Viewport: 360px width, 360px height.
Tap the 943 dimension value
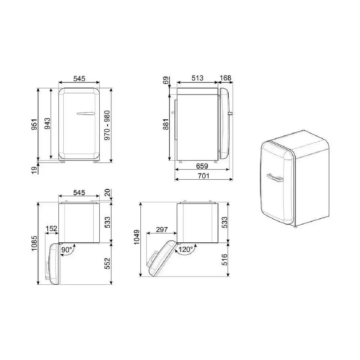click(x=47, y=124)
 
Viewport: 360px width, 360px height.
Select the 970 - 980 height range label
click(x=107, y=125)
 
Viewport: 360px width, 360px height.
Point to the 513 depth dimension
click(x=197, y=78)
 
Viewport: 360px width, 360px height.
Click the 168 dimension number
click(x=226, y=78)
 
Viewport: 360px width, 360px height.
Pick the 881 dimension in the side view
click(x=166, y=124)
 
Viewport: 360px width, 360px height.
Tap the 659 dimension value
click(x=202, y=166)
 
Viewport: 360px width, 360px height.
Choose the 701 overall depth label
click(x=203, y=176)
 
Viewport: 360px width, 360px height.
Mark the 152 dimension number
click(x=51, y=228)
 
